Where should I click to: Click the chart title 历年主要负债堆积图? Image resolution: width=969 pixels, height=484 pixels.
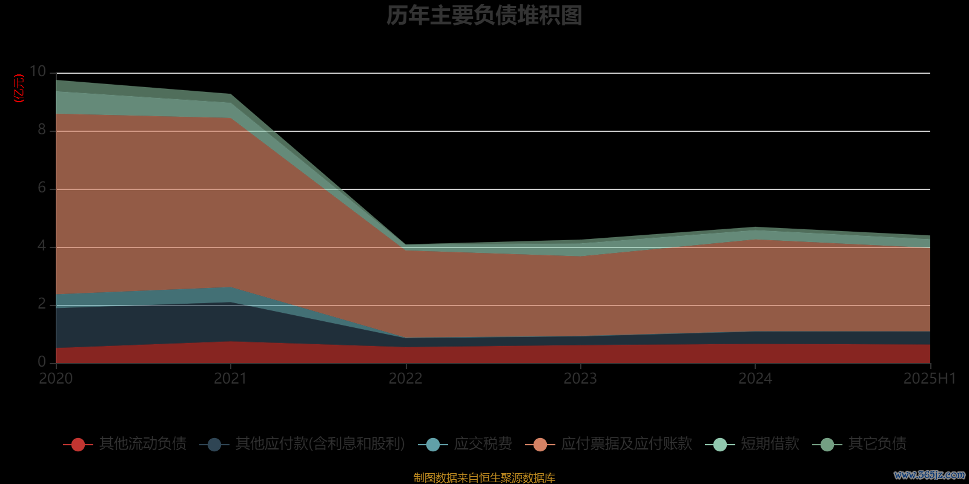coord(484,16)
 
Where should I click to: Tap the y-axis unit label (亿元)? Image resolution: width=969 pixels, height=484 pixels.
coord(19,88)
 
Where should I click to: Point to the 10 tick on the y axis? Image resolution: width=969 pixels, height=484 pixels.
coord(38,72)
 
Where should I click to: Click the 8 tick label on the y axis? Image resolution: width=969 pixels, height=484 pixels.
coord(42,129)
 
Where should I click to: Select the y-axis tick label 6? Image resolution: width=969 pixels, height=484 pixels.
coord(42,188)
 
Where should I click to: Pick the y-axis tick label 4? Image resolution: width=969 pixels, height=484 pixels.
coord(42,246)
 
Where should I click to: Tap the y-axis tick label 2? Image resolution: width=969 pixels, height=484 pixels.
coord(42,304)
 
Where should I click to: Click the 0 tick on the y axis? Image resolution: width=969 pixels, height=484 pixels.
coord(42,362)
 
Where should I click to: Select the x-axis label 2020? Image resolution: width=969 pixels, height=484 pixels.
coord(56,379)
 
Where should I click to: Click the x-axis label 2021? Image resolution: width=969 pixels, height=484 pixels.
coord(231,379)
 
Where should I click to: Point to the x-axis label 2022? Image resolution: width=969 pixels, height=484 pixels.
coord(406,379)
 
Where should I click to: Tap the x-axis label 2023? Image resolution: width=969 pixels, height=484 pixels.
coord(580,379)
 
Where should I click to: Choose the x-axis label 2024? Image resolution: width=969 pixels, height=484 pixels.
coord(755,379)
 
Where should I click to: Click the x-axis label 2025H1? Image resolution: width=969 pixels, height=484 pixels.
coord(929,379)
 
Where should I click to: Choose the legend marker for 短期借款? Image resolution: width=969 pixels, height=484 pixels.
coord(720,445)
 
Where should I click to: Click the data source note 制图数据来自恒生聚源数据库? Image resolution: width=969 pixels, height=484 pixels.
coord(484,478)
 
